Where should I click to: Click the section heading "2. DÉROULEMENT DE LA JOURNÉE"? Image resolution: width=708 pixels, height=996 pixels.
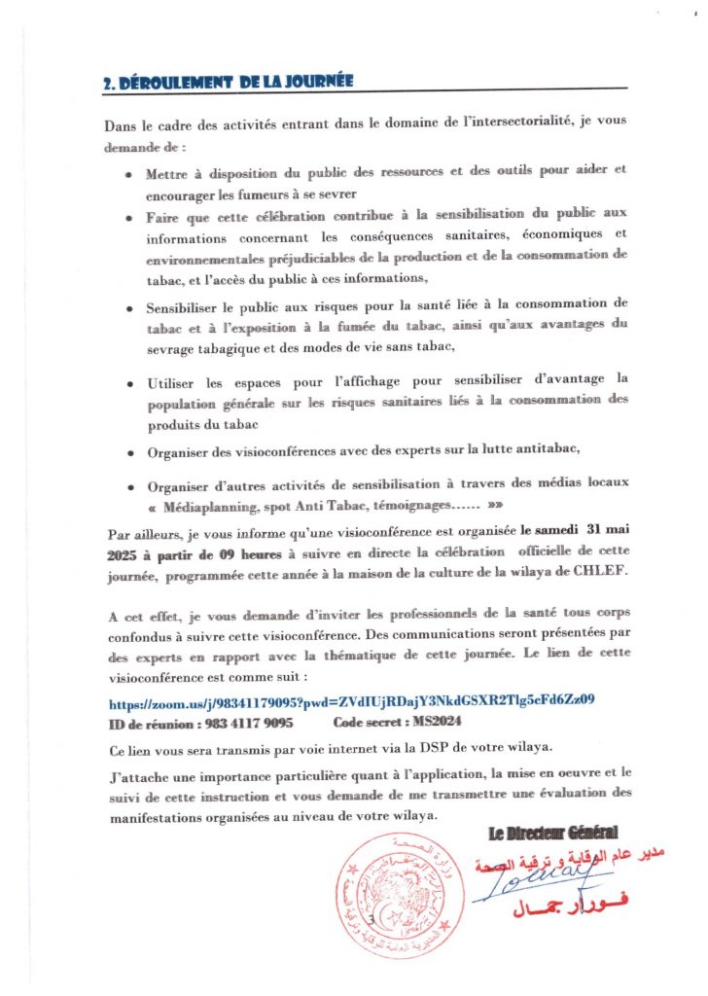coord(229,84)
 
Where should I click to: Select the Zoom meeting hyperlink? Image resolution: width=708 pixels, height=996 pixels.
coord(351,699)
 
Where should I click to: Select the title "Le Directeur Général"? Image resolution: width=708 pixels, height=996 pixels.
coord(551,833)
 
